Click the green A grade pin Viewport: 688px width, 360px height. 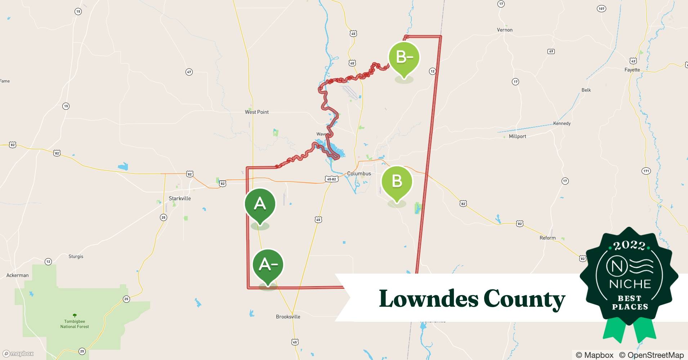pos(260,204)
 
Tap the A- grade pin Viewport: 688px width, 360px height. pos(268,265)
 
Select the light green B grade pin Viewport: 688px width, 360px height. pos(397,181)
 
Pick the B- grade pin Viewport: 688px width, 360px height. pos(404,57)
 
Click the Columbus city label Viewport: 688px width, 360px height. pos(359,174)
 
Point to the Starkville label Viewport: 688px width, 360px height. pos(180,198)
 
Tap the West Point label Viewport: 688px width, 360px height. pos(257,112)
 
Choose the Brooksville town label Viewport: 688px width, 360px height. pos(288,317)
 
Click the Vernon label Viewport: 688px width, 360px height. pos(505,30)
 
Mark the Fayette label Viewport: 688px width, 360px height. pos(632,70)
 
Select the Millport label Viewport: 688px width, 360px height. pos(517,136)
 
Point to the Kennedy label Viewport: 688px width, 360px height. pos(562,123)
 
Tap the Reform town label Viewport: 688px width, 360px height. pos(548,238)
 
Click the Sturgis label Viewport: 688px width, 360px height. pos(76,256)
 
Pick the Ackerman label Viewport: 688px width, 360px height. pos(17,275)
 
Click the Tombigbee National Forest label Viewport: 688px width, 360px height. pos(75,324)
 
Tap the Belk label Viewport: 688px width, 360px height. pos(586,90)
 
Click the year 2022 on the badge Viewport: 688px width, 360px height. pos(629,246)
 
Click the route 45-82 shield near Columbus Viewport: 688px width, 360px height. pos(331,179)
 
